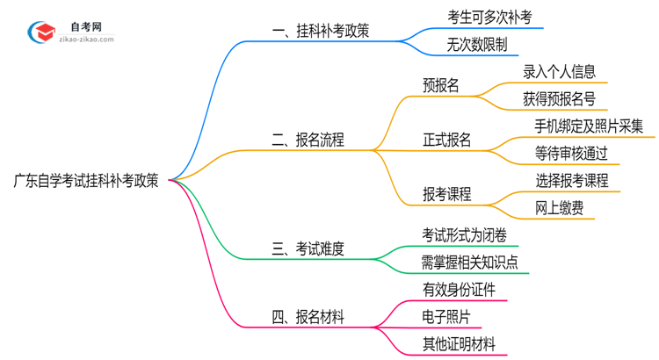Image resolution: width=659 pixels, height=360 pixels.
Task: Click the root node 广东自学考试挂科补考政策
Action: click(x=85, y=181)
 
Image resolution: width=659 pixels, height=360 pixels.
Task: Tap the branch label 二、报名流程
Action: click(x=308, y=140)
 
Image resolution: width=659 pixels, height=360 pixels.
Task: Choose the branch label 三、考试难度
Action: click(x=308, y=249)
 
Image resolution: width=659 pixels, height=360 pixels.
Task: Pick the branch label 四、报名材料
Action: click(x=308, y=315)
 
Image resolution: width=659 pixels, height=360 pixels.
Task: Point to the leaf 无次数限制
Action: click(x=476, y=44)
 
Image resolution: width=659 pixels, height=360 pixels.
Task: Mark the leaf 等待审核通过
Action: click(x=571, y=153)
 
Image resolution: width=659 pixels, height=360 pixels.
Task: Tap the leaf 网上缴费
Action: click(x=559, y=207)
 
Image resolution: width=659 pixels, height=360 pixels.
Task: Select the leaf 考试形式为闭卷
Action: click(x=464, y=234)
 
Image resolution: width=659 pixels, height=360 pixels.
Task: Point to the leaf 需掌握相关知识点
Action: click(x=470, y=262)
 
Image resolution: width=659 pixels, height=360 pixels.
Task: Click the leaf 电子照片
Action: click(x=446, y=315)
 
